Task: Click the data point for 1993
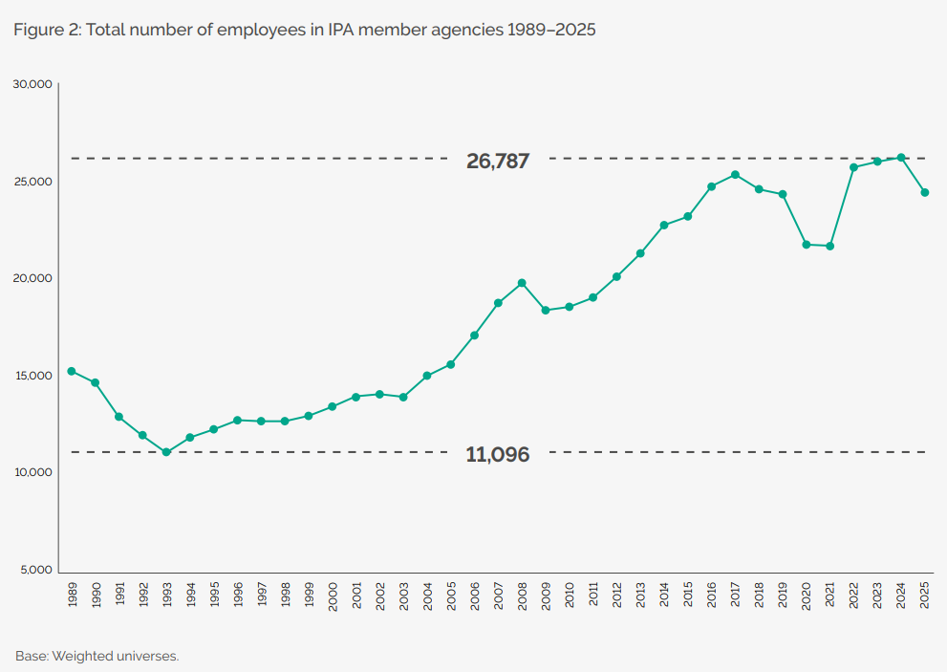tap(166, 452)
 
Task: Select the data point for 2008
tap(522, 283)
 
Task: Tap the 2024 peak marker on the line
tap(901, 158)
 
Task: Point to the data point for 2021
tap(829, 247)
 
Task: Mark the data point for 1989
tap(72, 371)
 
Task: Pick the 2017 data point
tap(735, 175)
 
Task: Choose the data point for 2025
tap(924, 193)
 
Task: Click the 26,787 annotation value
tap(498, 162)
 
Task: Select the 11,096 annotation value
tap(498, 455)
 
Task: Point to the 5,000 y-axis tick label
tap(34, 571)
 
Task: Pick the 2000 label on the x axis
tap(333, 596)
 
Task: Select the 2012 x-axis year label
tap(616, 596)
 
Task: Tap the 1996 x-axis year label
tap(238, 596)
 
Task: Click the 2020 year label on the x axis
tap(806, 596)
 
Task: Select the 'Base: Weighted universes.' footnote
tap(97, 656)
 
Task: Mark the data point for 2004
tap(427, 376)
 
